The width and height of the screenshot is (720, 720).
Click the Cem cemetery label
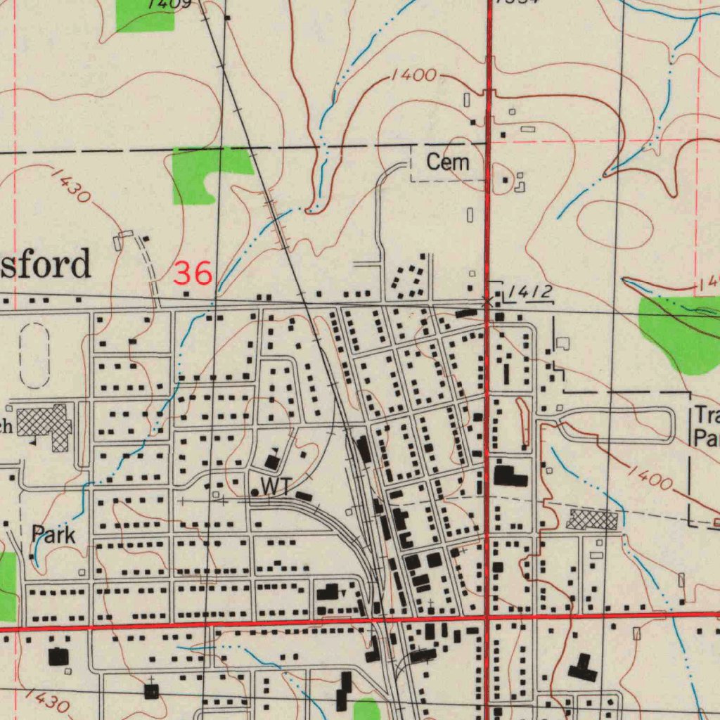(448, 162)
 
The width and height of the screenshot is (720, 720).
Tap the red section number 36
(193, 273)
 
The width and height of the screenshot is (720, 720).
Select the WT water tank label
(276, 486)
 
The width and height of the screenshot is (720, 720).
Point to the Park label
(53, 535)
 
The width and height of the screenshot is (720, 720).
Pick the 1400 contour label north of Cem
(414, 75)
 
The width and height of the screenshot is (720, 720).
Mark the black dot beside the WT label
(255, 492)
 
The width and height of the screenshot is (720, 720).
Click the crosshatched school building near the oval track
(45, 424)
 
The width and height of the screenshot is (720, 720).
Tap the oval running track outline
(34, 355)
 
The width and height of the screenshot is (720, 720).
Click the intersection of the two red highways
(487, 617)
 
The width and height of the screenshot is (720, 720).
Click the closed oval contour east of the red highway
(615, 224)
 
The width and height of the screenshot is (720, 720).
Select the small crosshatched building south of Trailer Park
(592, 520)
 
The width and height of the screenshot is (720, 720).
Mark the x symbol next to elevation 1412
(487, 301)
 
